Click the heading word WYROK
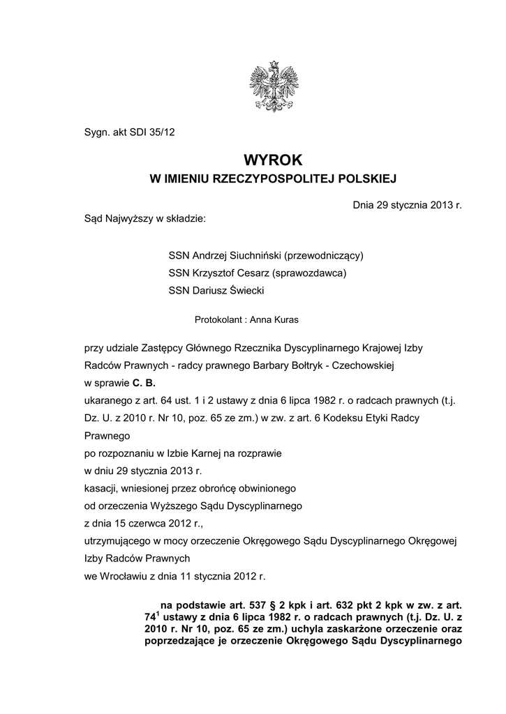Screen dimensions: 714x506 pos(274,160)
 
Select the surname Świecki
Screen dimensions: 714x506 pos(244,291)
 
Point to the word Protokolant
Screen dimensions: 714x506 pos(217,320)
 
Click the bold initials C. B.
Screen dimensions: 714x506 pos(144,383)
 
